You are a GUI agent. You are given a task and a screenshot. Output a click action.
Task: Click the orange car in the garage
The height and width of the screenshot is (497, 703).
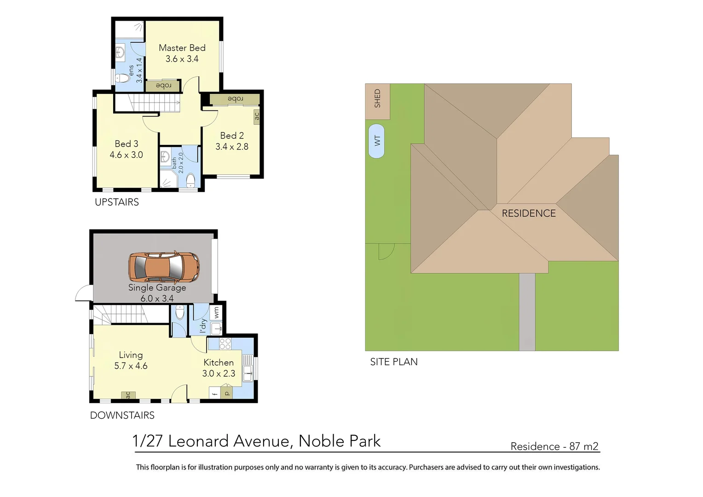coord(164,266)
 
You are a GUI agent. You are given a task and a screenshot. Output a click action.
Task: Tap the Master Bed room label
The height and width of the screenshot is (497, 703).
coord(182,48)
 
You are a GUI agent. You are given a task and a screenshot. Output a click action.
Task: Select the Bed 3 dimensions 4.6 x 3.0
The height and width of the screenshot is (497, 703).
coord(126,155)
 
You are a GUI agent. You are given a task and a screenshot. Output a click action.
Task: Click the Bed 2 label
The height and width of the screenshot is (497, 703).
coord(232,136)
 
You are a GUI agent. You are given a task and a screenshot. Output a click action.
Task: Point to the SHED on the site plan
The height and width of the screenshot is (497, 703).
coord(377,99)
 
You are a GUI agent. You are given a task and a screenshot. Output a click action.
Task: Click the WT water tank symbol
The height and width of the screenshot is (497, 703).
coord(377,141)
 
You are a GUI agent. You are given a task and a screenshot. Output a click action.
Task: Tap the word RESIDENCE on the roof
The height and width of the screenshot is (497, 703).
coord(529,214)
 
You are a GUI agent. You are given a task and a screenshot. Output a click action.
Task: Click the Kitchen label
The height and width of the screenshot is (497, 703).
coord(219,363)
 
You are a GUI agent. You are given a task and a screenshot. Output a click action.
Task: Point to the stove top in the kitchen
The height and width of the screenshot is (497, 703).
coord(225,344)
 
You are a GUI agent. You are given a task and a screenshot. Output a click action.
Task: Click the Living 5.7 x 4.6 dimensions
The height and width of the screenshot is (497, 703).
coord(131,366)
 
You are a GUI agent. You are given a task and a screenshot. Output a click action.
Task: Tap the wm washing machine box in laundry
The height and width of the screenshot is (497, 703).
coord(216,312)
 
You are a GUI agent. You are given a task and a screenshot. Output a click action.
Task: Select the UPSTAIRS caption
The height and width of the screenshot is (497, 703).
coord(117,202)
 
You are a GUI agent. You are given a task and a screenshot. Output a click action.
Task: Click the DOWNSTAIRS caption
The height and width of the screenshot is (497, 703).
coord(122,416)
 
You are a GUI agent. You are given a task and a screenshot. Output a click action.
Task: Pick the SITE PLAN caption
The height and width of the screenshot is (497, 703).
coord(394,362)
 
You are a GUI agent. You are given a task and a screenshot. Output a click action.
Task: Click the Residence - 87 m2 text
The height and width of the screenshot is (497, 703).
coord(554,446)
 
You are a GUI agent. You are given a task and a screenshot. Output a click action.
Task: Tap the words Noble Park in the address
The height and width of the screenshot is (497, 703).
coord(340,441)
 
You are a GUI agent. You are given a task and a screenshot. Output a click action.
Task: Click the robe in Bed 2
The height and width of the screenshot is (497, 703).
coord(235,99)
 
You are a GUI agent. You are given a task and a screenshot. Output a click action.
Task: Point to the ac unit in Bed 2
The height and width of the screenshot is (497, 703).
coord(257,116)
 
